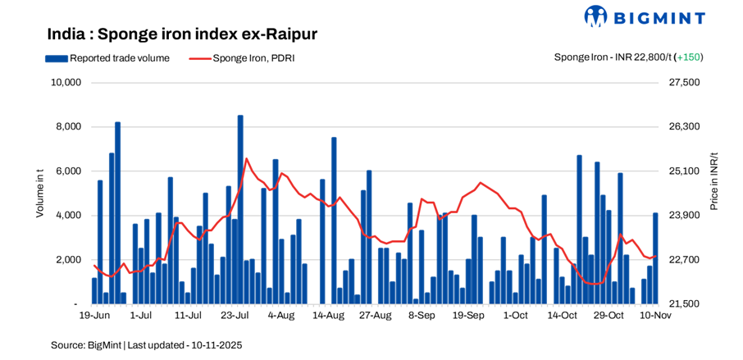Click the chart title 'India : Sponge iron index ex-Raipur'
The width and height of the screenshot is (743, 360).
[182, 34]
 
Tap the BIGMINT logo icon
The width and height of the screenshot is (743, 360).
[596, 16]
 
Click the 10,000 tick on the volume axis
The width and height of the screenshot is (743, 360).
[65, 83]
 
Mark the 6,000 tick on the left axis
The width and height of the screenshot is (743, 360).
[68, 171]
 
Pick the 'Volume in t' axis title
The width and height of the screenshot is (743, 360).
[39, 193]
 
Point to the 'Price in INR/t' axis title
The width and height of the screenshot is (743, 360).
[714, 180]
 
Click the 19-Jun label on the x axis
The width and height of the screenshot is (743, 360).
[94, 315]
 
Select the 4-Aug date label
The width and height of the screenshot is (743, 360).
[281, 315]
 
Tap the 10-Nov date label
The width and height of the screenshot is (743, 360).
[654, 315]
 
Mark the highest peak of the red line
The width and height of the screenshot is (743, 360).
[246, 159]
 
